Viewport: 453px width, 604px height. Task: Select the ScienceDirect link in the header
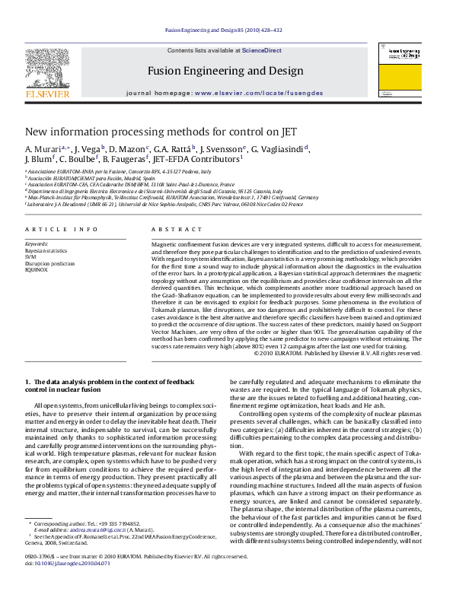tap(262, 50)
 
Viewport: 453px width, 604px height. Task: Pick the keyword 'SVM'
tap(31, 256)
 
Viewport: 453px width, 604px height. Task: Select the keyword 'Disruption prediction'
tap(50, 263)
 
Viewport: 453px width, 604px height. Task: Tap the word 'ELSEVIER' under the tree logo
tap(47, 94)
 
